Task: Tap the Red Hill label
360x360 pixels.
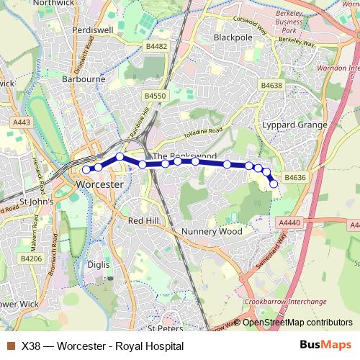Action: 142,220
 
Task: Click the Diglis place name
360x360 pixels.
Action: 97,264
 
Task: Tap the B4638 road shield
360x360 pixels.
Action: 272,85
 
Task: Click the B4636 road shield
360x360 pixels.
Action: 294,177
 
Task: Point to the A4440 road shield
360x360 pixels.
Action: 289,224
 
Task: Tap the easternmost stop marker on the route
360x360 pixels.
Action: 274,184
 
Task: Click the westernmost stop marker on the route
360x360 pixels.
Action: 86,170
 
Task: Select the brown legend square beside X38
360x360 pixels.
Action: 10,346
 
